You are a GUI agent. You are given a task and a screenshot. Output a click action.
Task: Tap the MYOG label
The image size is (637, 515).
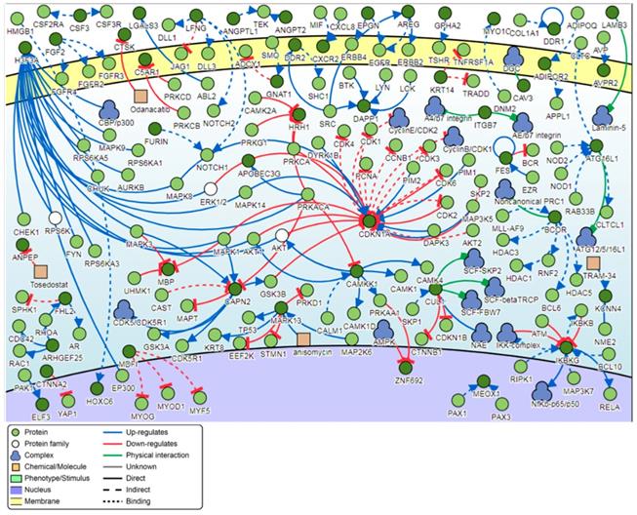click(x=143, y=400)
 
